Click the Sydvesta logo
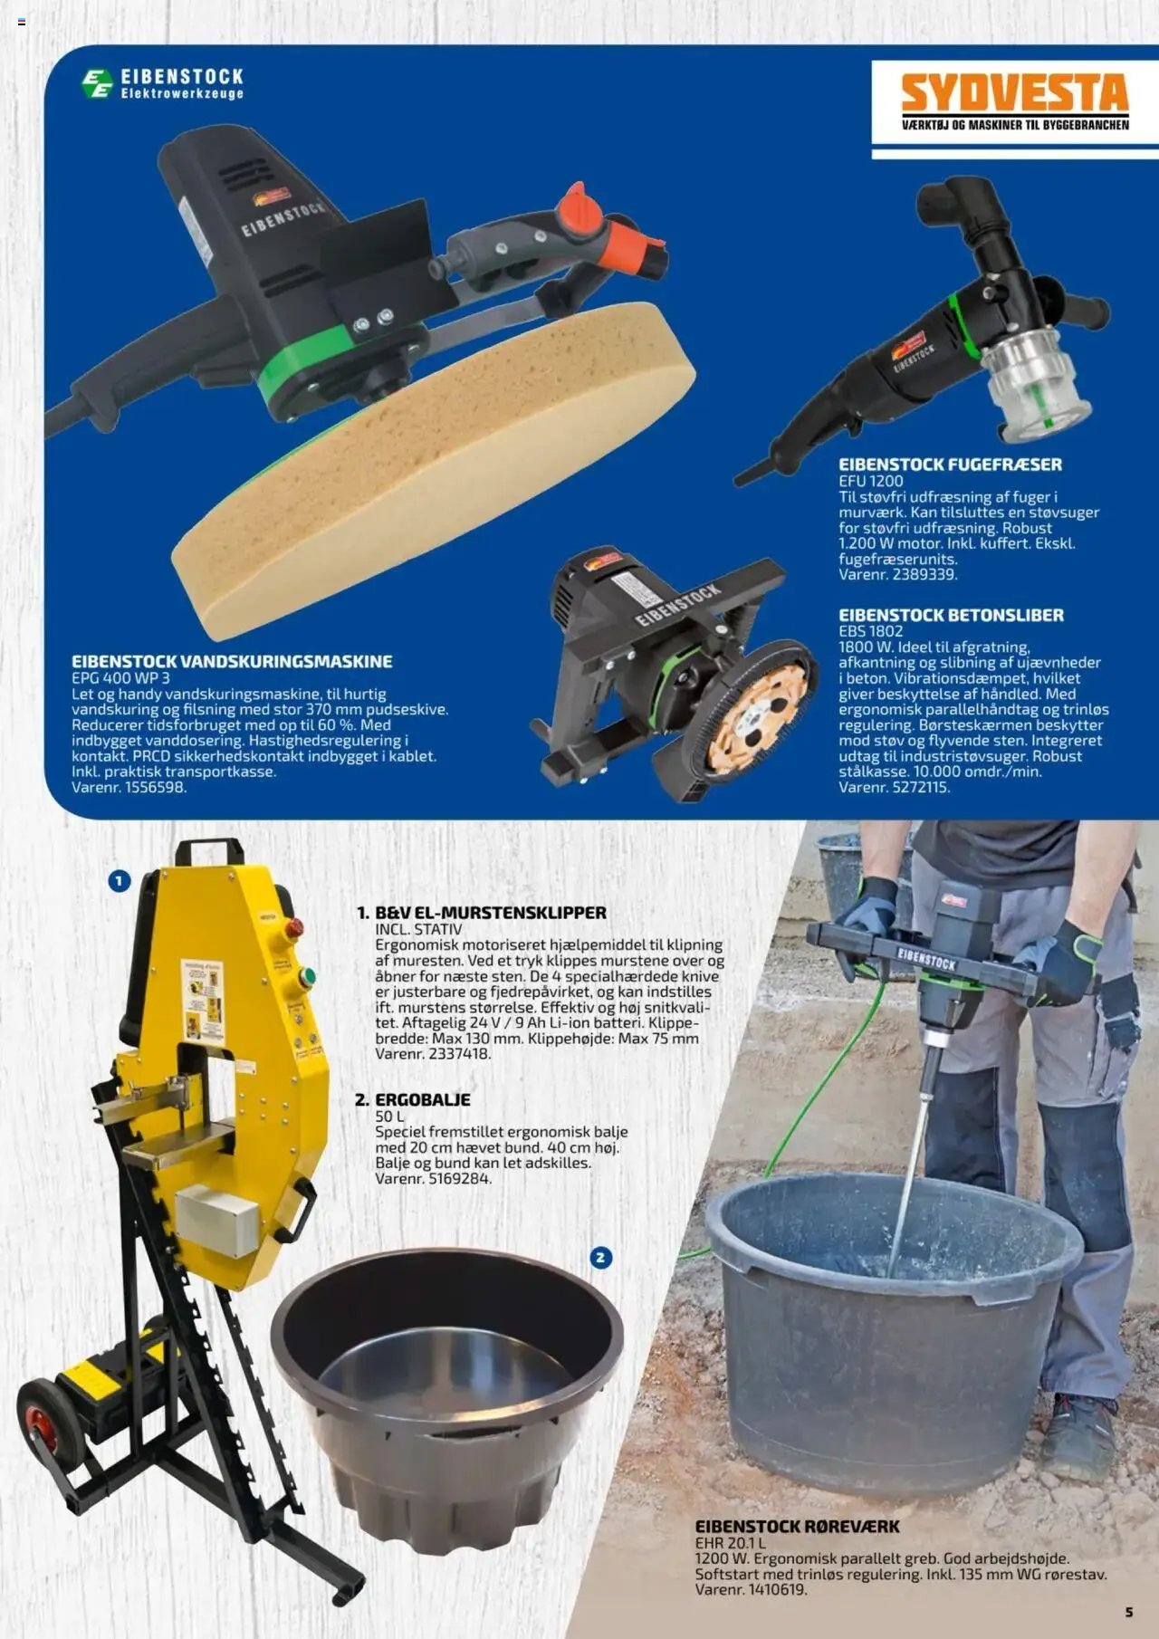[x=1015, y=101]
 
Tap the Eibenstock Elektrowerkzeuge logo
[x=163, y=83]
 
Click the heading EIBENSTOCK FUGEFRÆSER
[x=950, y=465]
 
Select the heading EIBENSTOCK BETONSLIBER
[x=951, y=615]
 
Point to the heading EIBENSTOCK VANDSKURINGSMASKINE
[x=232, y=661]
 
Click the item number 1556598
[x=154, y=787]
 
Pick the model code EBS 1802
[x=870, y=631]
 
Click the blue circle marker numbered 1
[x=120, y=880]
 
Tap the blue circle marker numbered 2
[x=600, y=1257]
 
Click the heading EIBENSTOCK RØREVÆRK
[x=797, y=1526]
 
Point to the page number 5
[x=1129, y=1612]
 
